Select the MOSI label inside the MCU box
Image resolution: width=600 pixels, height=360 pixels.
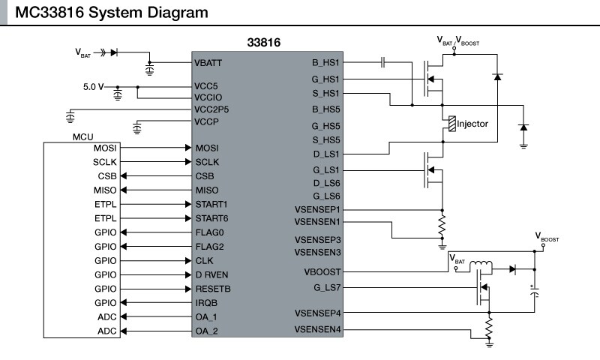pos(105,148)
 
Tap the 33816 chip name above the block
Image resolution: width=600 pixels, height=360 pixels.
pos(264,43)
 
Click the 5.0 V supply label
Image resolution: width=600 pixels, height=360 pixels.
pos(94,87)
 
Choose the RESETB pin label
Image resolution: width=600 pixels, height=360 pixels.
pos(213,289)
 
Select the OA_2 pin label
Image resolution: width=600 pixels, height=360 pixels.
pos(206,331)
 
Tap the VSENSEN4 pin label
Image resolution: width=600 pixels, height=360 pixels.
pos(318,328)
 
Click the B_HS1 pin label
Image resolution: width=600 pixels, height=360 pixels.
pos(326,64)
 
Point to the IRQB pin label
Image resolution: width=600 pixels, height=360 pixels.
pos(206,303)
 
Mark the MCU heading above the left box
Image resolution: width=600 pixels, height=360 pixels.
pos(82,138)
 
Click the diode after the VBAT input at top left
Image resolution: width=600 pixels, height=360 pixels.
pos(114,52)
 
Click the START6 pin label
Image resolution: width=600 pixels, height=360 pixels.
pos(211,218)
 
